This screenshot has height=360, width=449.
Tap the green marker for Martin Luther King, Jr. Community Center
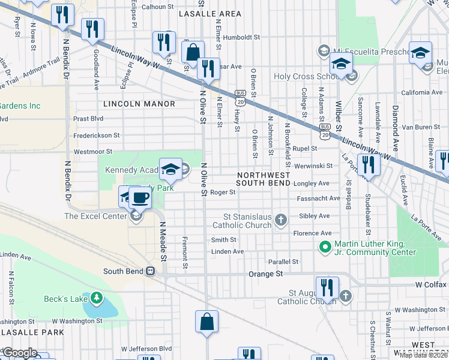point(325,247)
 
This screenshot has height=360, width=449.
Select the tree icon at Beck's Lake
point(95,298)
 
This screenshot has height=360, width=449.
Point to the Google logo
point(19,353)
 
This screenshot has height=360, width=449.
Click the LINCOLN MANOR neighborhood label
point(139,104)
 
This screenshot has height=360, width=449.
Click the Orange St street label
point(265,274)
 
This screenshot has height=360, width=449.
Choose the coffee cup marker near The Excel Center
point(140,197)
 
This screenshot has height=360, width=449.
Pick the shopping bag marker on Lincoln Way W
point(193,52)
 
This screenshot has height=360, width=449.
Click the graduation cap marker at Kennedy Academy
point(171,169)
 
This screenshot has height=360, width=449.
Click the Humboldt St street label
point(240,37)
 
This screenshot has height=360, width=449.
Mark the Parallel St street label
point(283,262)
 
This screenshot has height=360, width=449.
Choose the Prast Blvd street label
point(88,119)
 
